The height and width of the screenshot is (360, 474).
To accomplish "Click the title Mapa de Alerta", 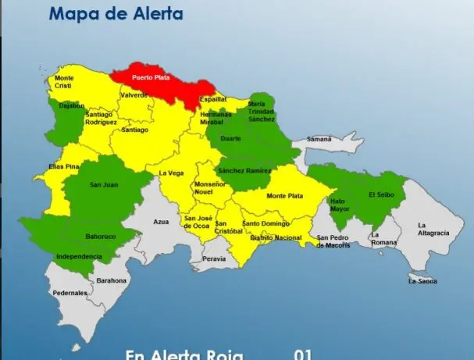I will click(116, 13).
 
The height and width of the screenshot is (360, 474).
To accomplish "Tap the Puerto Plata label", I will click(151, 78).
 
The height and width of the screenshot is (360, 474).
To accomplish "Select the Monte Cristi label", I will click(64, 82).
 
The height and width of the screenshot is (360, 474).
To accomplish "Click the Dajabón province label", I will click(70, 105).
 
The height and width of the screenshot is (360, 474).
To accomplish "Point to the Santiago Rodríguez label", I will click(102, 118).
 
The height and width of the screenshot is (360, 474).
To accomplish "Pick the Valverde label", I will click(134, 95).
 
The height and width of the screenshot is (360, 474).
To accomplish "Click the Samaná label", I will click(319, 139).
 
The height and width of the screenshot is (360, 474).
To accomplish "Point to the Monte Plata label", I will click(284, 196).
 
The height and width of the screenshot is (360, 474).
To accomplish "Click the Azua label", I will click(161, 222).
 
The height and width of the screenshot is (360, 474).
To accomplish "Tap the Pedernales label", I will click(69, 293).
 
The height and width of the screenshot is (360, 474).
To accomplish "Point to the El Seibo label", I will click(383, 194).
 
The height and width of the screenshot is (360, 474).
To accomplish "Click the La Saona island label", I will click(422, 281).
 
